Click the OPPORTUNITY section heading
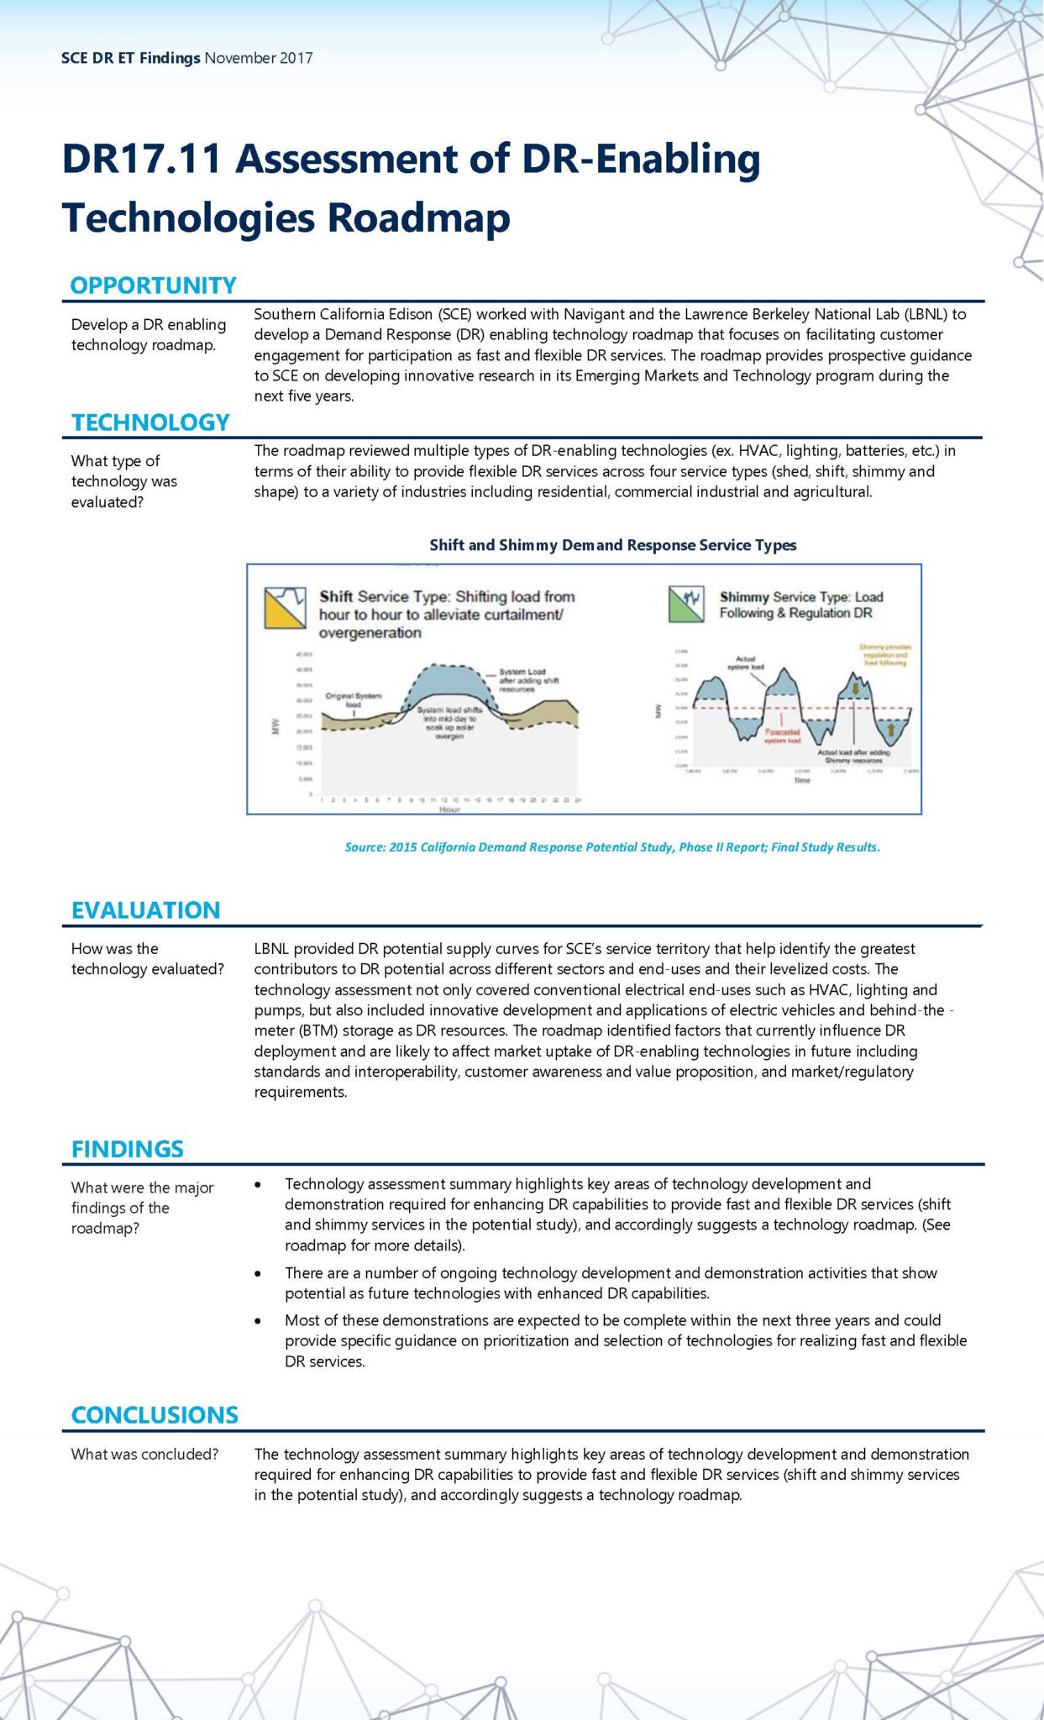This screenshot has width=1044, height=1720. point(153,286)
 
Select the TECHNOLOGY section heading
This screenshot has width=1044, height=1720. point(150,422)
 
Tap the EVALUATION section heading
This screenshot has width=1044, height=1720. point(145,910)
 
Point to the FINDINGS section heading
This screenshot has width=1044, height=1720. point(127,1149)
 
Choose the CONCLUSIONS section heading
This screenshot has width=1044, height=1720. point(155,1415)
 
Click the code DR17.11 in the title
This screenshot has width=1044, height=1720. point(141,159)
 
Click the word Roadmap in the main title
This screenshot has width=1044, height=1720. point(417,218)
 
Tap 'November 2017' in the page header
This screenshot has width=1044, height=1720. point(259,58)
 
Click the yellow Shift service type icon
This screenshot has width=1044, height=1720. point(285,609)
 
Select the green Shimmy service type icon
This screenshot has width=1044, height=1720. point(685,604)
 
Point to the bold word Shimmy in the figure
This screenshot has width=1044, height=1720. point(743,597)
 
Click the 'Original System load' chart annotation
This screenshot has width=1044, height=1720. point(353,700)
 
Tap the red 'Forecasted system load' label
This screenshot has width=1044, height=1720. point(782,736)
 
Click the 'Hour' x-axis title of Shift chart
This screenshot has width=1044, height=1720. point(449,809)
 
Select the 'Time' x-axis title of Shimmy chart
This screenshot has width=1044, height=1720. point(802,780)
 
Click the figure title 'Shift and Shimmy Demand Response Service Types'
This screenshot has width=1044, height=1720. point(612,545)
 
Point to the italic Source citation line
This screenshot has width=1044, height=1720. point(612,847)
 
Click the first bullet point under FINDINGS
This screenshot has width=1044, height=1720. point(258,1184)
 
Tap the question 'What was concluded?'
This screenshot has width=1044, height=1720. point(144,1454)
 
